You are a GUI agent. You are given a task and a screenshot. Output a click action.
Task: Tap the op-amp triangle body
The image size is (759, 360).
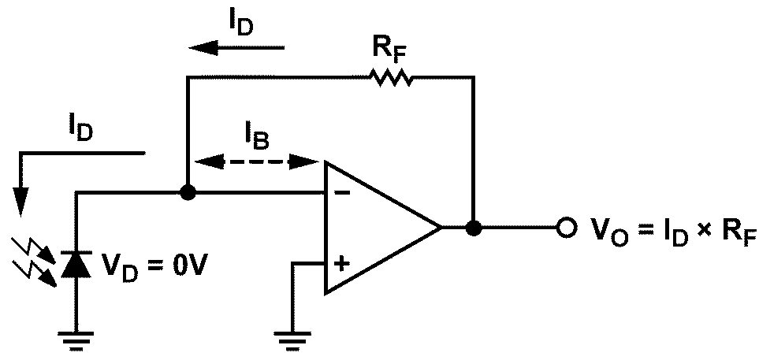(378, 228)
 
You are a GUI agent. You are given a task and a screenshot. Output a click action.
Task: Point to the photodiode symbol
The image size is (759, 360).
(76, 265)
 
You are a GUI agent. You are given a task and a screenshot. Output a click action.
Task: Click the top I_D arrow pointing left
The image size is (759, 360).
(236, 48)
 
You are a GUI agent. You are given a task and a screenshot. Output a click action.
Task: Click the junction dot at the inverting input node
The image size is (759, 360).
(187, 192)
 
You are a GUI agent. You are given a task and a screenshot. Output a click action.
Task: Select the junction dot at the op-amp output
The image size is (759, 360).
(474, 228)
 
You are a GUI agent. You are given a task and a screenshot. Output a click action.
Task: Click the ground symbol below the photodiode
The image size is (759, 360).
(76, 338)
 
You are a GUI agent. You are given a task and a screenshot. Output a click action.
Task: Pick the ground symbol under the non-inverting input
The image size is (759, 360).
(293, 338)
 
